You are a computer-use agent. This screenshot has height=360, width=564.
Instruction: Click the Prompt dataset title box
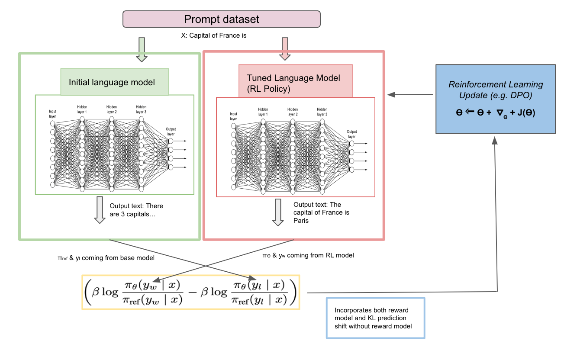point(222,19)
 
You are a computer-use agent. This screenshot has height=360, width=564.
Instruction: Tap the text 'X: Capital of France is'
point(213,35)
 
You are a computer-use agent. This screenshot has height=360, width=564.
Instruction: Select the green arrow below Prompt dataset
point(142,50)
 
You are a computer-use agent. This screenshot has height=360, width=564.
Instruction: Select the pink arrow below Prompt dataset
point(285,49)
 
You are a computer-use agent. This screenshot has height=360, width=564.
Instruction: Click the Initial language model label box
point(115,82)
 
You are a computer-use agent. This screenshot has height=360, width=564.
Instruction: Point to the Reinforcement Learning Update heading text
point(496,90)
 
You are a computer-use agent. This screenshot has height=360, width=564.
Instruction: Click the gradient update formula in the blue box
point(496,112)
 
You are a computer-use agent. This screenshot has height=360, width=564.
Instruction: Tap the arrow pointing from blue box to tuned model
point(410,95)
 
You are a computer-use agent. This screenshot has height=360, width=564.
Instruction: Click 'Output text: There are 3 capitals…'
point(136,210)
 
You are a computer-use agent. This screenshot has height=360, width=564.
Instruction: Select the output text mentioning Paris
point(321,212)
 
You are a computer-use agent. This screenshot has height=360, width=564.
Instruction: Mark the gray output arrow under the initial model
point(100,210)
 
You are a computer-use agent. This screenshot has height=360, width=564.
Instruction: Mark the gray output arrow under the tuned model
point(278,212)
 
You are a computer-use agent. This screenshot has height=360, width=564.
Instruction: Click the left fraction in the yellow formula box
point(153,292)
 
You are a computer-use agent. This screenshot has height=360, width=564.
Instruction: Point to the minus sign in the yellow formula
point(192,292)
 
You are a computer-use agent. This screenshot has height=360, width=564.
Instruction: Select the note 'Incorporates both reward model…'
point(373,318)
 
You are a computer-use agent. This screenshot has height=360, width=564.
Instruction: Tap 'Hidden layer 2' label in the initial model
point(112,109)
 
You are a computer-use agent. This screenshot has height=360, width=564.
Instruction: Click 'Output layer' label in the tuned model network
point(352,134)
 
